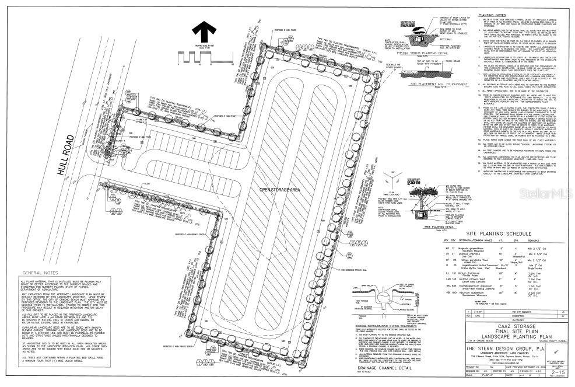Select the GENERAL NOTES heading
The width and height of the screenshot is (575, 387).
coord(44,273)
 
